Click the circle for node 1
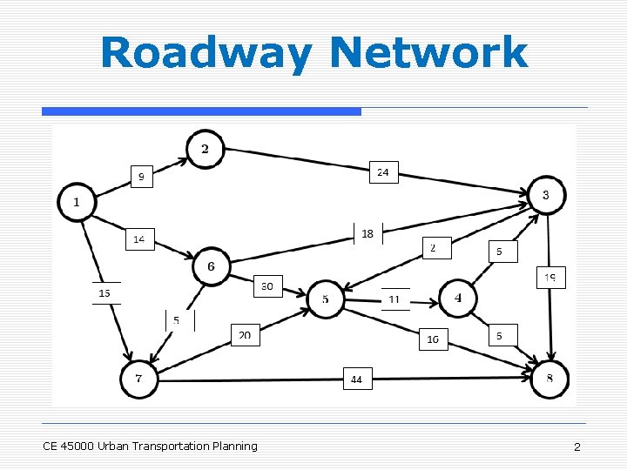point(77,202)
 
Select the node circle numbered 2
point(205,149)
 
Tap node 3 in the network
point(546,195)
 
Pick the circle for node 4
point(458,299)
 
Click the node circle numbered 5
point(326,300)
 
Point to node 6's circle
point(212,266)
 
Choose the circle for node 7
point(139,379)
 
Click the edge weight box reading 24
point(383,172)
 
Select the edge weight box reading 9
point(141,177)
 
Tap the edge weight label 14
point(139,238)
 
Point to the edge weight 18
point(367,233)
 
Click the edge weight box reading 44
point(357,379)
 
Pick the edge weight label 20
point(245,335)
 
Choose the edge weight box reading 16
point(433,339)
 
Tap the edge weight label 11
point(394,299)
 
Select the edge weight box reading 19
point(550,278)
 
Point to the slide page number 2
point(576,446)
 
